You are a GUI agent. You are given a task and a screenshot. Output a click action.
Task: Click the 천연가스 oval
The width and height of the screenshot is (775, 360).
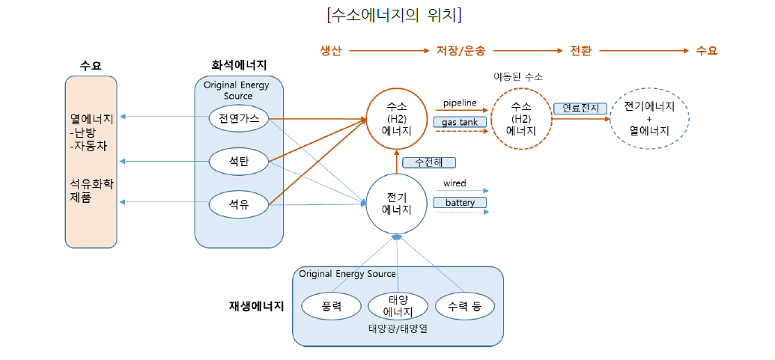click(238, 118)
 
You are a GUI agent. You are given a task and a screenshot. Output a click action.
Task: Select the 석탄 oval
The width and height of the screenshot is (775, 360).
click(238, 159)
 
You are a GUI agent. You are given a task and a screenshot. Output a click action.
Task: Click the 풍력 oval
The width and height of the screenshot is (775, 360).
click(331, 306)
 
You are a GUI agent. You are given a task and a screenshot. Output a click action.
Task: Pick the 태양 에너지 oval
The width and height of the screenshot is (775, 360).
click(398, 306)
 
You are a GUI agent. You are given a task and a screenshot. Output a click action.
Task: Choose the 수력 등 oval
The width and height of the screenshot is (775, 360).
click(464, 306)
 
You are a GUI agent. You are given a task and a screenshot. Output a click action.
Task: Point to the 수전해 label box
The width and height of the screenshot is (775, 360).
click(428, 162)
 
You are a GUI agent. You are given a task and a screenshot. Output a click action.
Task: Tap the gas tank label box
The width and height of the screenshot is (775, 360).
click(460, 121)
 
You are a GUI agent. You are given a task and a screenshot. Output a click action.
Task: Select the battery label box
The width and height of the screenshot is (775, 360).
click(460, 203)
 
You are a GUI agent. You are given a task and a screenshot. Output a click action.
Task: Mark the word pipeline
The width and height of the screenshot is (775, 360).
click(460, 103)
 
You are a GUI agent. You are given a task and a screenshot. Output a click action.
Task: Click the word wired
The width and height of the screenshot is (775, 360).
click(455, 183)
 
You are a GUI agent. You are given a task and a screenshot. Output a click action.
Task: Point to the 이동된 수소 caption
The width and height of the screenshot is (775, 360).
click(518, 76)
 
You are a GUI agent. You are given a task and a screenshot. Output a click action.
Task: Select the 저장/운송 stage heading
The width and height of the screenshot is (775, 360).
click(461, 51)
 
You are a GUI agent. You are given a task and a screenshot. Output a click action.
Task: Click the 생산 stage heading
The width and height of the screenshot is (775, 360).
click(331, 51)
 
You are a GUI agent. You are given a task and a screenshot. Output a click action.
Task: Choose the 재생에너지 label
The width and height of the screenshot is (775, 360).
click(256, 306)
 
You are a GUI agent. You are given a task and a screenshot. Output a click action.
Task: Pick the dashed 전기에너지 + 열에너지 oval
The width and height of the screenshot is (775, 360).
click(649, 118)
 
